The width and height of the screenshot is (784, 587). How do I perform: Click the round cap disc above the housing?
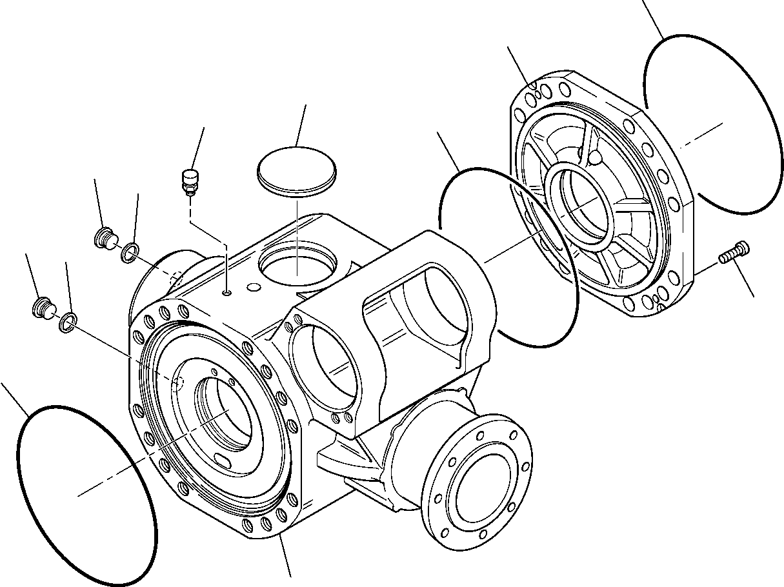[297, 170]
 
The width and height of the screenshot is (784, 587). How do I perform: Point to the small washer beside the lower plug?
[67, 322]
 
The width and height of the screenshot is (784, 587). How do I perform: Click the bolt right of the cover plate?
[735, 253]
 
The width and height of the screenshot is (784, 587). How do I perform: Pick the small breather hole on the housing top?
[226, 293]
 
